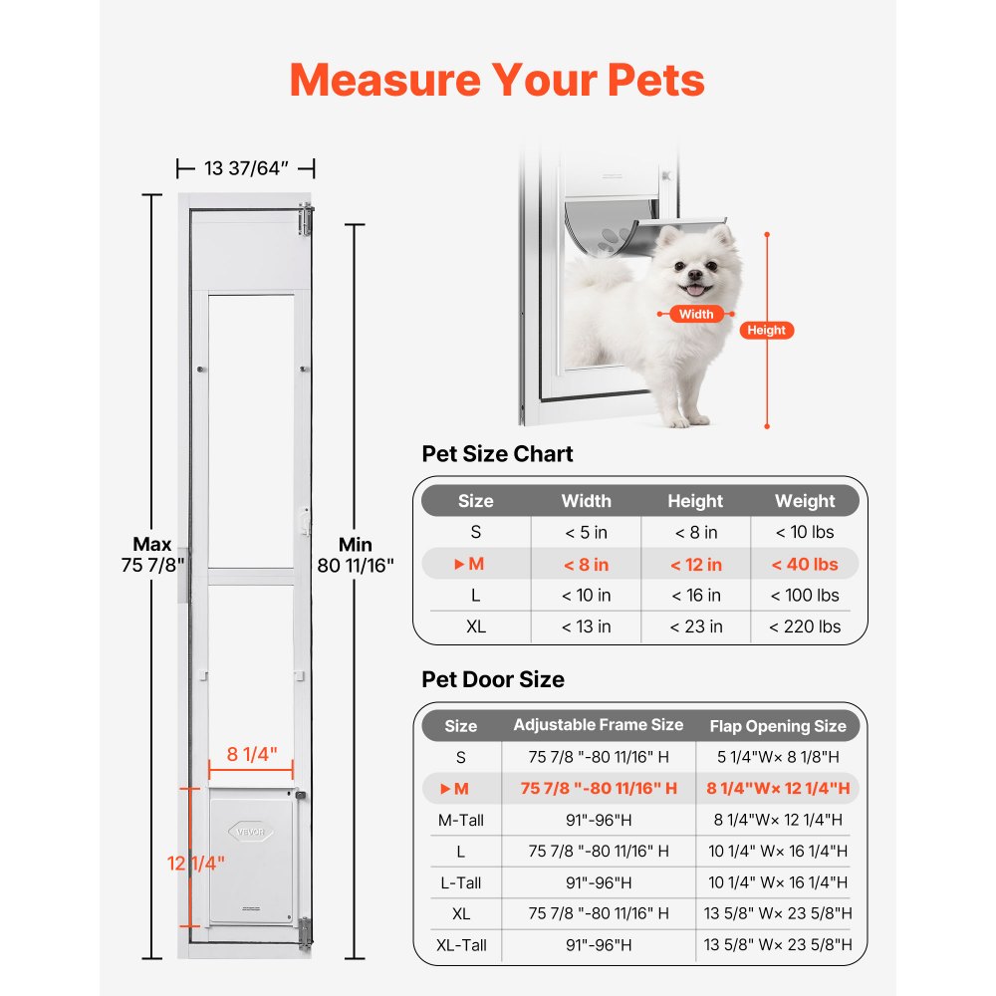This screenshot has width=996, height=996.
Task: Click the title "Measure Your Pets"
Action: [x=497, y=80]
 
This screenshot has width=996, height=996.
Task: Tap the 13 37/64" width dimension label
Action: [x=246, y=168]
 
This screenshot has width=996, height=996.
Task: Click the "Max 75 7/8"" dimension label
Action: [x=152, y=555]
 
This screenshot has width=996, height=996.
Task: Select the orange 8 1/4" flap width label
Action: [x=252, y=754]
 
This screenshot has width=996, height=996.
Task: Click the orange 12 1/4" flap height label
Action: [x=195, y=862]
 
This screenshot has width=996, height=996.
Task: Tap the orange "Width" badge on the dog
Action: [x=696, y=314]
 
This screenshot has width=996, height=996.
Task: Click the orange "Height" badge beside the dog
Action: [x=766, y=330]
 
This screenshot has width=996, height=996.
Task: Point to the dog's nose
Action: [x=693, y=273]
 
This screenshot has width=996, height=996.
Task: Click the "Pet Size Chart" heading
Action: [x=498, y=454]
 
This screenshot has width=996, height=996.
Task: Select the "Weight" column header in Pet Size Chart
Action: [x=805, y=501]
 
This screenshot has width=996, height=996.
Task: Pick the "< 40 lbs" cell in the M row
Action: [x=805, y=564]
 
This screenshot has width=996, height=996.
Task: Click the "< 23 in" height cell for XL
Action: [x=695, y=626]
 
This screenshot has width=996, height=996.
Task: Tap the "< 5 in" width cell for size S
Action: [x=586, y=533]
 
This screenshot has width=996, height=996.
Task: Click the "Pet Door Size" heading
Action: [x=493, y=679]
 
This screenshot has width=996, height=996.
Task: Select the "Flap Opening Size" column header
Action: [x=778, y=725]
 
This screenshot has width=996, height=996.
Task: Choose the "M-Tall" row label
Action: [x=460, y=820]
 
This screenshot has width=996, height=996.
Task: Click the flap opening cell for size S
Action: [x=778, y=757]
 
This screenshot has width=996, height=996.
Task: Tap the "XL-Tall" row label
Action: [x=460, y=944]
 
